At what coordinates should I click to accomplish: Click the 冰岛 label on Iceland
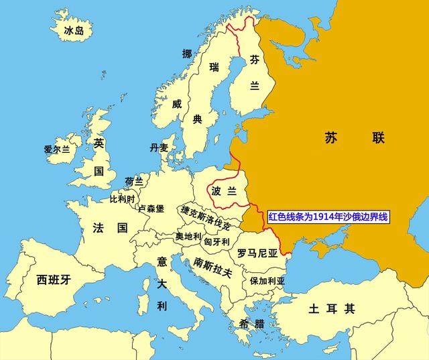click(74, 31)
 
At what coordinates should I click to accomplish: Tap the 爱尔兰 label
click(57, 149)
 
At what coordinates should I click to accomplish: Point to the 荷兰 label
click(133, 182)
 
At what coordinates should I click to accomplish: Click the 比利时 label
click(122, 199)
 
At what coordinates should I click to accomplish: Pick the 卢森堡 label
click(151, 208)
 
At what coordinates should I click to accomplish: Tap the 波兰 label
click(224, 191)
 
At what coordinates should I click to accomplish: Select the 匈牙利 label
click(217, 241)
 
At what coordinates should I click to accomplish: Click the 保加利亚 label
click(267, 280)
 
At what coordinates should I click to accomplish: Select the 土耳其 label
click(331, 309)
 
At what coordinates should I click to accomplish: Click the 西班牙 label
click(53, 280)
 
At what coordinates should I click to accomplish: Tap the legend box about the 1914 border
click(328, 217)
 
